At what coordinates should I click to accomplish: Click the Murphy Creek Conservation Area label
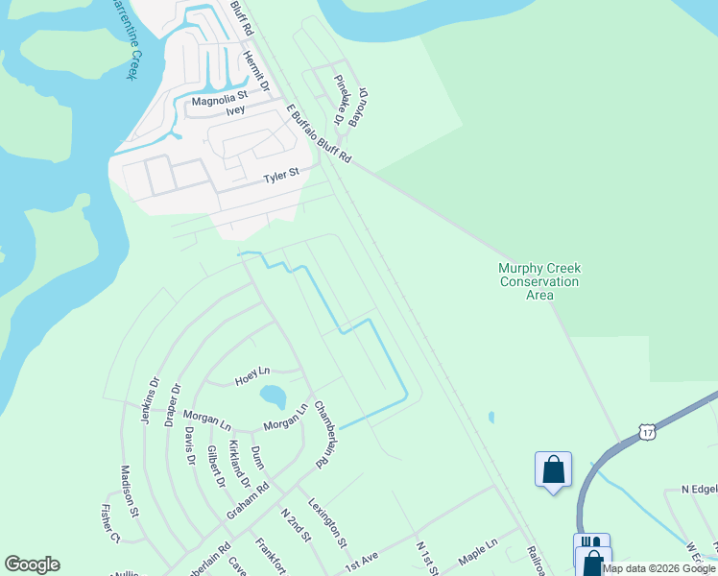tap(538, 282)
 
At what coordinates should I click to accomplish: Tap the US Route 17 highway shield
tap(650, 435)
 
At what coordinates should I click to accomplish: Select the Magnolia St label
tap(220, 98)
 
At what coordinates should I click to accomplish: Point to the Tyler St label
tap(282, 176)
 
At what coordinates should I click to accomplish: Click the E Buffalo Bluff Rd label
tap(319, 135)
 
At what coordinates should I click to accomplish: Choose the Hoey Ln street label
tap(252, 374)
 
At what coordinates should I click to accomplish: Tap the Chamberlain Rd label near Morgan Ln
tap(327, 435)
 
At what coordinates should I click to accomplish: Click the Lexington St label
tap(327, 522)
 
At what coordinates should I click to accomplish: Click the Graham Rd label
tap(248, 501)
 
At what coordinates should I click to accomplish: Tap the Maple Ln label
tap(478, 551)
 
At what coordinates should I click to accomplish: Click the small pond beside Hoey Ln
tap(273, 396)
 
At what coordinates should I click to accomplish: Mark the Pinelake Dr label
tap(339, 101)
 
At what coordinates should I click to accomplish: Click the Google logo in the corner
tap(32, 564)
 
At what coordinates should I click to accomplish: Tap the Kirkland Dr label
tap(239, 465)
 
